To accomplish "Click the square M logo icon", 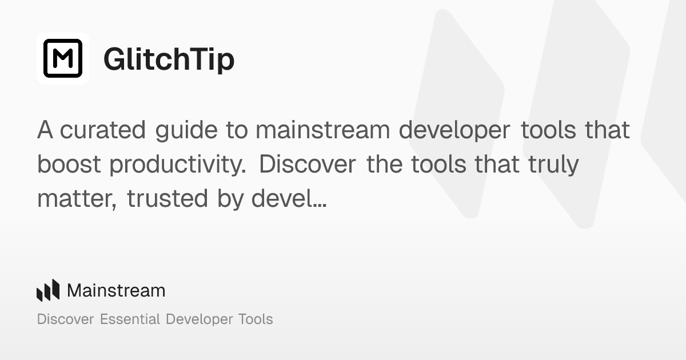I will point(63,58).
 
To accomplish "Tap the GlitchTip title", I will point(169,59).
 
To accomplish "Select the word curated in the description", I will point(103,130).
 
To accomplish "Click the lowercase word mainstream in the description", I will point(322,130).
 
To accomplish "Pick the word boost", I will point(69,165).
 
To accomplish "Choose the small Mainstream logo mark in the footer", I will point(48,290).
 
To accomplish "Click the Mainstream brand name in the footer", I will point(116,291).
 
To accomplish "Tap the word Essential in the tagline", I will point(130,319).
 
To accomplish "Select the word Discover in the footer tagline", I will point(65,319).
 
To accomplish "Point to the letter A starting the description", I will point(45,130).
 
